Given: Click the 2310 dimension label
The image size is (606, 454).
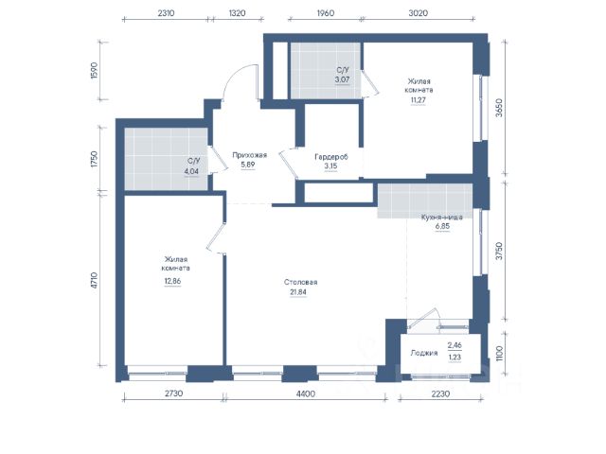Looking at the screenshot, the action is coord(167,13).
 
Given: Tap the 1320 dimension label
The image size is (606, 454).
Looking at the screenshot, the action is coord(237,13).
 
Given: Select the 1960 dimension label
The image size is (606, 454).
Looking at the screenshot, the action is coord(326,13).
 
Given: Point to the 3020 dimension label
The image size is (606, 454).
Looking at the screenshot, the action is coord(419,13).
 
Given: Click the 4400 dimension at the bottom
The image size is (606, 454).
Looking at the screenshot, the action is coord(305,393).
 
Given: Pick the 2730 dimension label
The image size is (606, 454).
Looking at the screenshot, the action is coord(173,393).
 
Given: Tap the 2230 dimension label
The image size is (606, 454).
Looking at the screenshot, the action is coord(440,393).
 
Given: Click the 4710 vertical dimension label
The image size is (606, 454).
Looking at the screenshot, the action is coord(95,280).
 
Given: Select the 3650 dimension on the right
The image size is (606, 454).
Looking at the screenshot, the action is coord(499,108).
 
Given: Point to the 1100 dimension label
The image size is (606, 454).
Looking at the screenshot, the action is coord(499,353).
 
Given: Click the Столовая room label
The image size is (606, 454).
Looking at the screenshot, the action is coord(301,282).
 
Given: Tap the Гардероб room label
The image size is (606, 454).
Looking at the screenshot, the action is coord(331,157).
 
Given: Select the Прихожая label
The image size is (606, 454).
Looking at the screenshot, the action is coord(249,155).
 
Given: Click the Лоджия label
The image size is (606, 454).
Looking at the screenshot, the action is coord(424,353).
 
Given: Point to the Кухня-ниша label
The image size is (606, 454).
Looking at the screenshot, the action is coord(442,217).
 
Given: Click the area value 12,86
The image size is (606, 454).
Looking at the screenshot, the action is coord(172,281).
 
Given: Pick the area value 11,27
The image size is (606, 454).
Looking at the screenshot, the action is coord(418,100).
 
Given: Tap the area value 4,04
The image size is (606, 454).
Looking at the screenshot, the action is coord(191,171).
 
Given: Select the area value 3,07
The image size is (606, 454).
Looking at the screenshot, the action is coord(342,79).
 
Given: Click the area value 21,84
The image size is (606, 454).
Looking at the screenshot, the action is coord(298,292).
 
